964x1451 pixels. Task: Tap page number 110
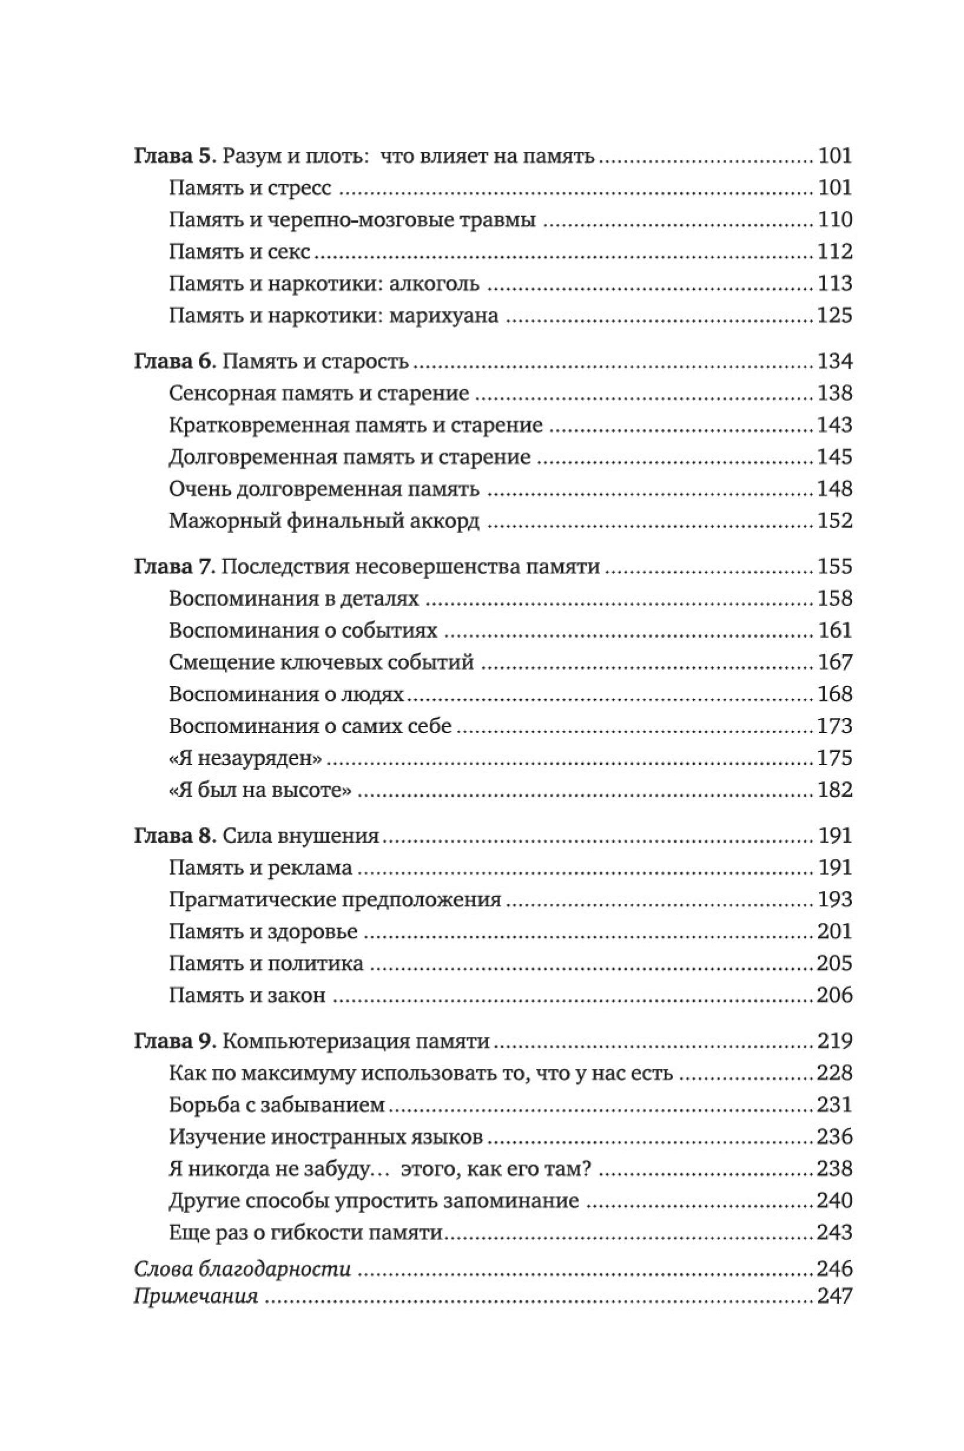834,220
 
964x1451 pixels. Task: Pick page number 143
834,425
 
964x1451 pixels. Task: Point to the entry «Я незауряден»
246,758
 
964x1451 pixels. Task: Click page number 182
834,790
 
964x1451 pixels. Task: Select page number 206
834,995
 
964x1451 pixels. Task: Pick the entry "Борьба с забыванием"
277,1105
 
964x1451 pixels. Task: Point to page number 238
834,1169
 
